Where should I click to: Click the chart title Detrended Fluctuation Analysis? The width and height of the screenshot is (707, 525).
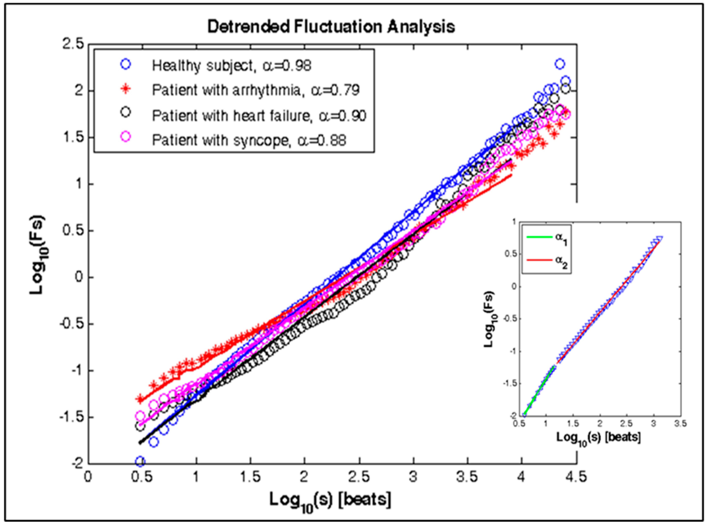331,27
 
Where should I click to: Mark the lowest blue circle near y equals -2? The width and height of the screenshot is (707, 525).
140,461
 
